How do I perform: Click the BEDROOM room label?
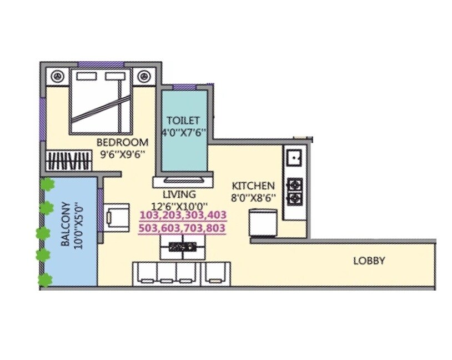(x=122, y=141)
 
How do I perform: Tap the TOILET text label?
(x=183, y=121)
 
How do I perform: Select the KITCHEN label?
(x=253, y=186)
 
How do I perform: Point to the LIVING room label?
(x=179, y=194)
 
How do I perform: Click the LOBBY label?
(x=369, y=261)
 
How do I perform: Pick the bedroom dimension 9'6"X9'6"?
(x=122, y=155)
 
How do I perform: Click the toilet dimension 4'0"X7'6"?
(x=183, y=133)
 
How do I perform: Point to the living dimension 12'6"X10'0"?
(x=181, y=206)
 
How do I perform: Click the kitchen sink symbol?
(x=293, y=157)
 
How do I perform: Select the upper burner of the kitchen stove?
(x=294, y=184)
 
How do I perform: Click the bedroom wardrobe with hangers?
(x=68, y=161)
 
